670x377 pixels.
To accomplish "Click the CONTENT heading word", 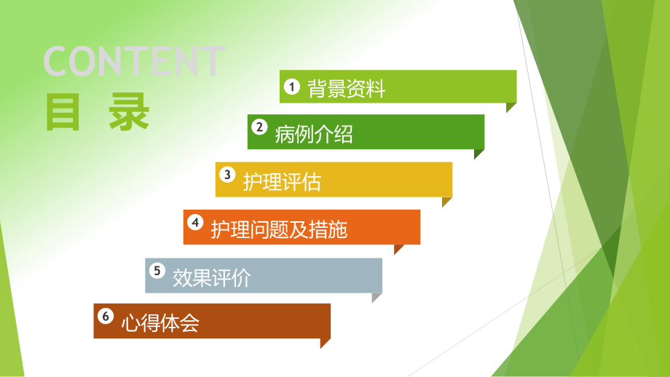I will [134, 61].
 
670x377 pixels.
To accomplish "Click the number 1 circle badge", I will [291, 87].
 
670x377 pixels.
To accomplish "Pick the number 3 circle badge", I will [228, 175].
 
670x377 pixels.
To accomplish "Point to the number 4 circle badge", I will [194, 222].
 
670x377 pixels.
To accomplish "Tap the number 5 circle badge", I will [157, 271].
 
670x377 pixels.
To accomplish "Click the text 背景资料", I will [346, 90].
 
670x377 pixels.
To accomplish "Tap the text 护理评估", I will [282, 182].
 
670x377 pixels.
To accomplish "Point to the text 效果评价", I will [211, 278].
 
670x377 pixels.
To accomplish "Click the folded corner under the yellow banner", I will [446, 202].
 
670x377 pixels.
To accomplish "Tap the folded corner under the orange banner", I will [398, 249].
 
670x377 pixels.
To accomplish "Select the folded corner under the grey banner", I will [376, 296].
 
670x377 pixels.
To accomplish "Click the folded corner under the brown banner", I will [324, 343].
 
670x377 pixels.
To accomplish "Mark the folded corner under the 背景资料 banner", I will [511, 106].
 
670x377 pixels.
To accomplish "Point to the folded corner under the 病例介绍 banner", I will [478, 154].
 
